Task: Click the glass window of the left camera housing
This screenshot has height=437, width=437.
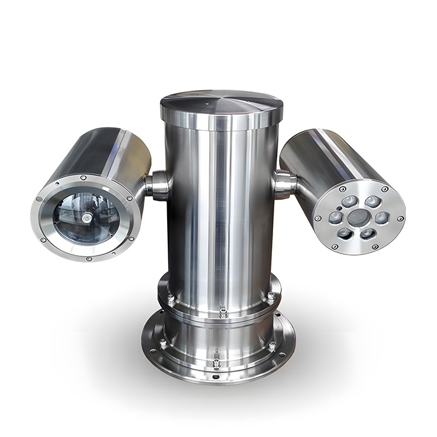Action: click(86, 216)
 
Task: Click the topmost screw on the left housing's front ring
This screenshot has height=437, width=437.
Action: click(82, 177)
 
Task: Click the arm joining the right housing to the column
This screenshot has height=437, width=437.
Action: click(286, 184)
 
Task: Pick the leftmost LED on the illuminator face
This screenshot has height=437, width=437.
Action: click(334, 218)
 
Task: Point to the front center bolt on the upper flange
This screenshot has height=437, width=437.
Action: click(223, 312)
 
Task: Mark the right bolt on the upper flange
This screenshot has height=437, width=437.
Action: click(270, 296)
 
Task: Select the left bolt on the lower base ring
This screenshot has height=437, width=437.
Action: click(163, 344)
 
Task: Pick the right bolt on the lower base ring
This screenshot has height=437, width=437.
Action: click(271, 345)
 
